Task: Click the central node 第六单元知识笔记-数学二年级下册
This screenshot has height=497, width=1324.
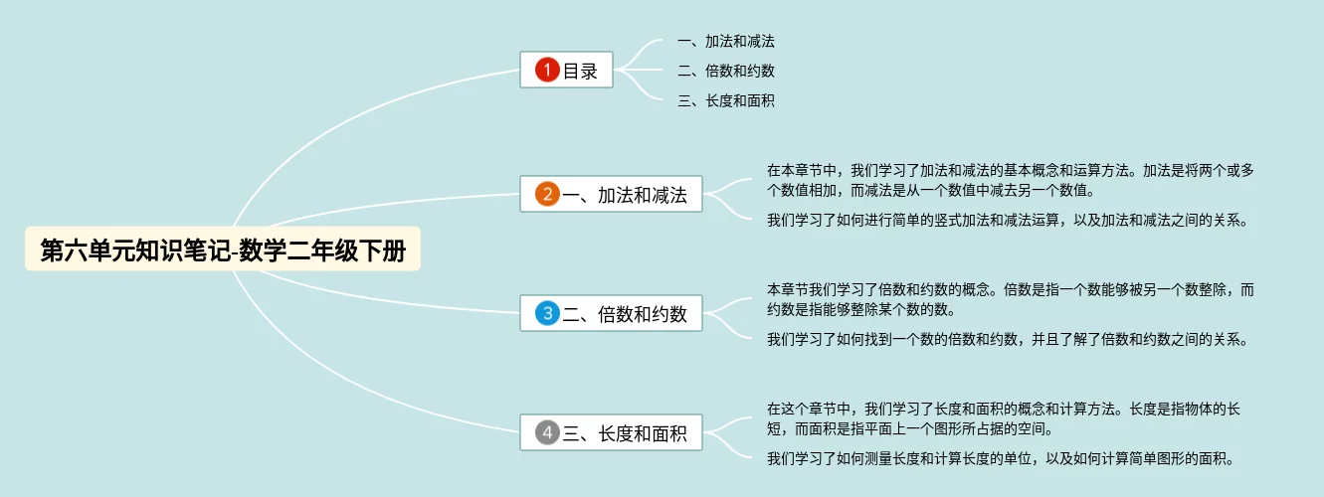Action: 223,250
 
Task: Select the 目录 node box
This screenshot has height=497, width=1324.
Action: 566,70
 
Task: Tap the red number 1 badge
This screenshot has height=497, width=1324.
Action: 547,70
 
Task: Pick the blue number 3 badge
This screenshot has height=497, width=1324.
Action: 547,314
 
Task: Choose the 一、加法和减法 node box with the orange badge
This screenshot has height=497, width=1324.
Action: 611,194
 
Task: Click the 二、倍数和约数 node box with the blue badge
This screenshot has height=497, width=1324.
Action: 611,314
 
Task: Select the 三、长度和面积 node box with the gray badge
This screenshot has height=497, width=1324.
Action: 611,432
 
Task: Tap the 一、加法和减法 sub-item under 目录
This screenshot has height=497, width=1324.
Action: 725,42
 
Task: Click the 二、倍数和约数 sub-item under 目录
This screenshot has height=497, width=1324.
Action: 725,71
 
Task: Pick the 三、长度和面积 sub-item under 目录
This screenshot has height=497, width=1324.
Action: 725,100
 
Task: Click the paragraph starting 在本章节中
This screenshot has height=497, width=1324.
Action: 1010,180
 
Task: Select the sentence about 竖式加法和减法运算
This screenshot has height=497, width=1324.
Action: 1007,220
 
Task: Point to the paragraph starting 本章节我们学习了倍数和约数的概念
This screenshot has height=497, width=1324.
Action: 1010,299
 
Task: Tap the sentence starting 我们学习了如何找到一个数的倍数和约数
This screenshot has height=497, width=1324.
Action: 1007,339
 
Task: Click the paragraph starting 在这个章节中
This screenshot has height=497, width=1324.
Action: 1003,418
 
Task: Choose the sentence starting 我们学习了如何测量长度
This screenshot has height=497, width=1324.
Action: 1000,458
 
